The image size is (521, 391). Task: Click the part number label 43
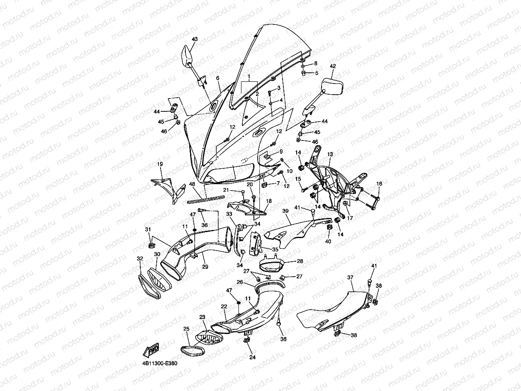[195, 39]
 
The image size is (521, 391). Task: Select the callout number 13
[330, 154]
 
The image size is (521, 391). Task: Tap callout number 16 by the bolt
[379, 184]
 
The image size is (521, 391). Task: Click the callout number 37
[350, 277]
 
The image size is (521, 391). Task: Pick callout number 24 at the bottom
[252, 357]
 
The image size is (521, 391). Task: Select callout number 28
[300, 261]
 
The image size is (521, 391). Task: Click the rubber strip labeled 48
[205, 198]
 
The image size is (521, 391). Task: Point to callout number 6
[217, 78]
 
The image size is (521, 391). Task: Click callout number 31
[148, 230]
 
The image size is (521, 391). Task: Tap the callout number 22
[224, 307]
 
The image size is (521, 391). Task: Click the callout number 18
[269, 201]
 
